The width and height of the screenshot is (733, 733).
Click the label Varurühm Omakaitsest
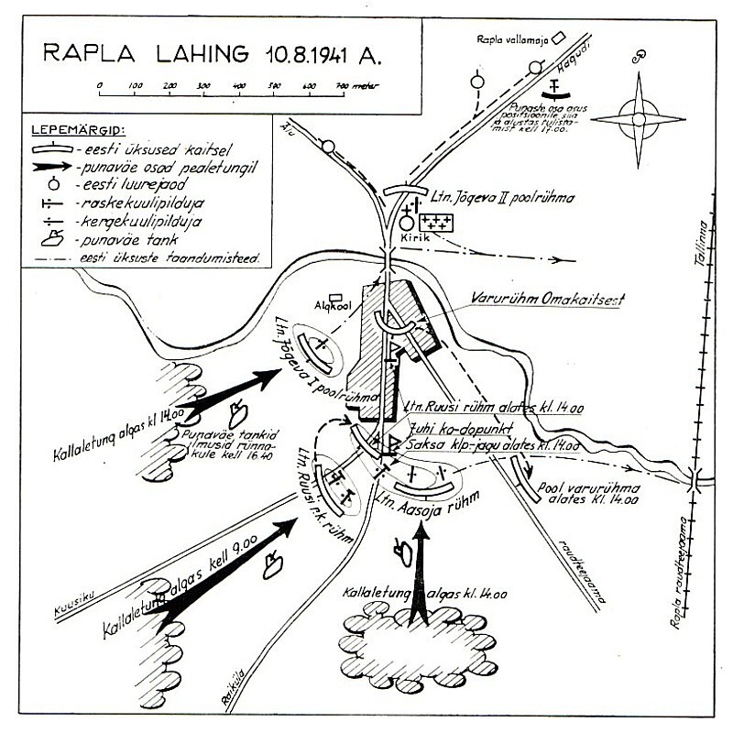pyautogui.click(x=539, y=297)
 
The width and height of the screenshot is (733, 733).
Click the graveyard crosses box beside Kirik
pyautogui.click(x=437, y=220)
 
